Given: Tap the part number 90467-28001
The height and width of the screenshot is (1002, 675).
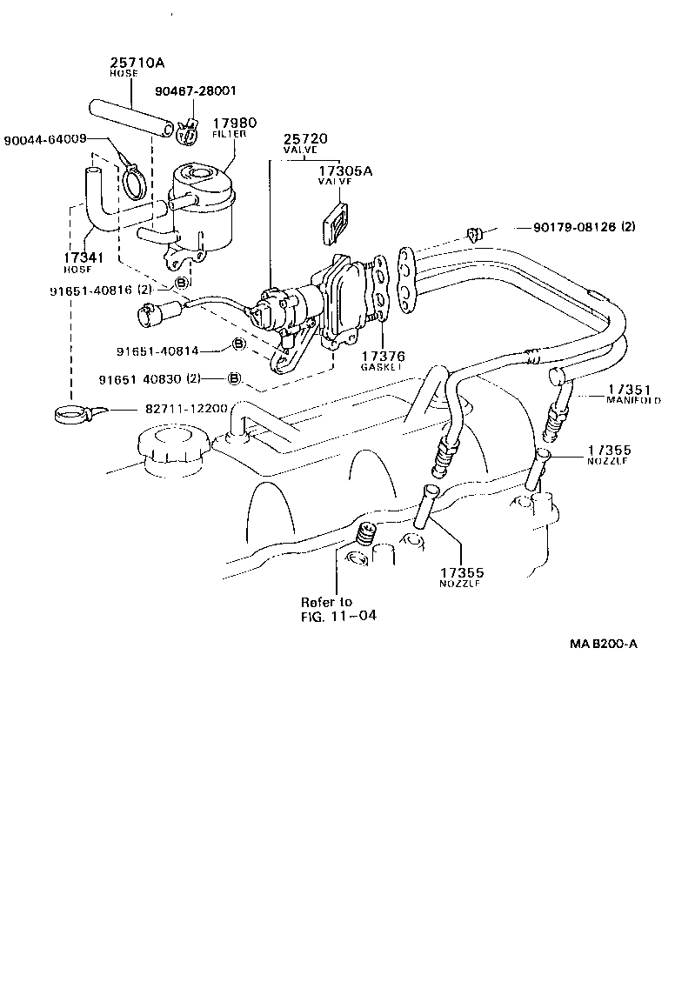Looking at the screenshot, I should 197,90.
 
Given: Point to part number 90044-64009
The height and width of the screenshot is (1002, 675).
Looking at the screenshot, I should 43,140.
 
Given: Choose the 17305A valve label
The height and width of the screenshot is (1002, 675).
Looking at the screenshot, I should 345,176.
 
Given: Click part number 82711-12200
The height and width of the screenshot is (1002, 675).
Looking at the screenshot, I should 180,409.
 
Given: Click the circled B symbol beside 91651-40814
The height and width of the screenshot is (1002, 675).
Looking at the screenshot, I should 237,346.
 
